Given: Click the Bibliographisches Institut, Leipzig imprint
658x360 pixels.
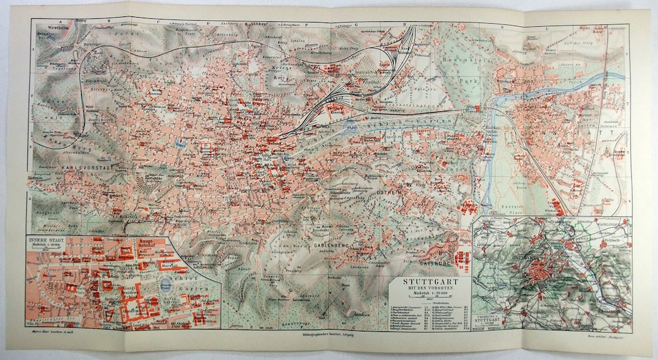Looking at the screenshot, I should click(x=329, y=335).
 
